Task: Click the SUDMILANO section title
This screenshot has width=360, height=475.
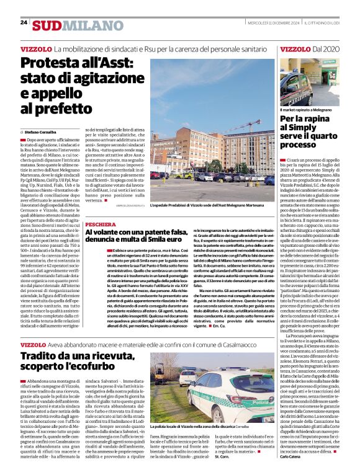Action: click(70, 25)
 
